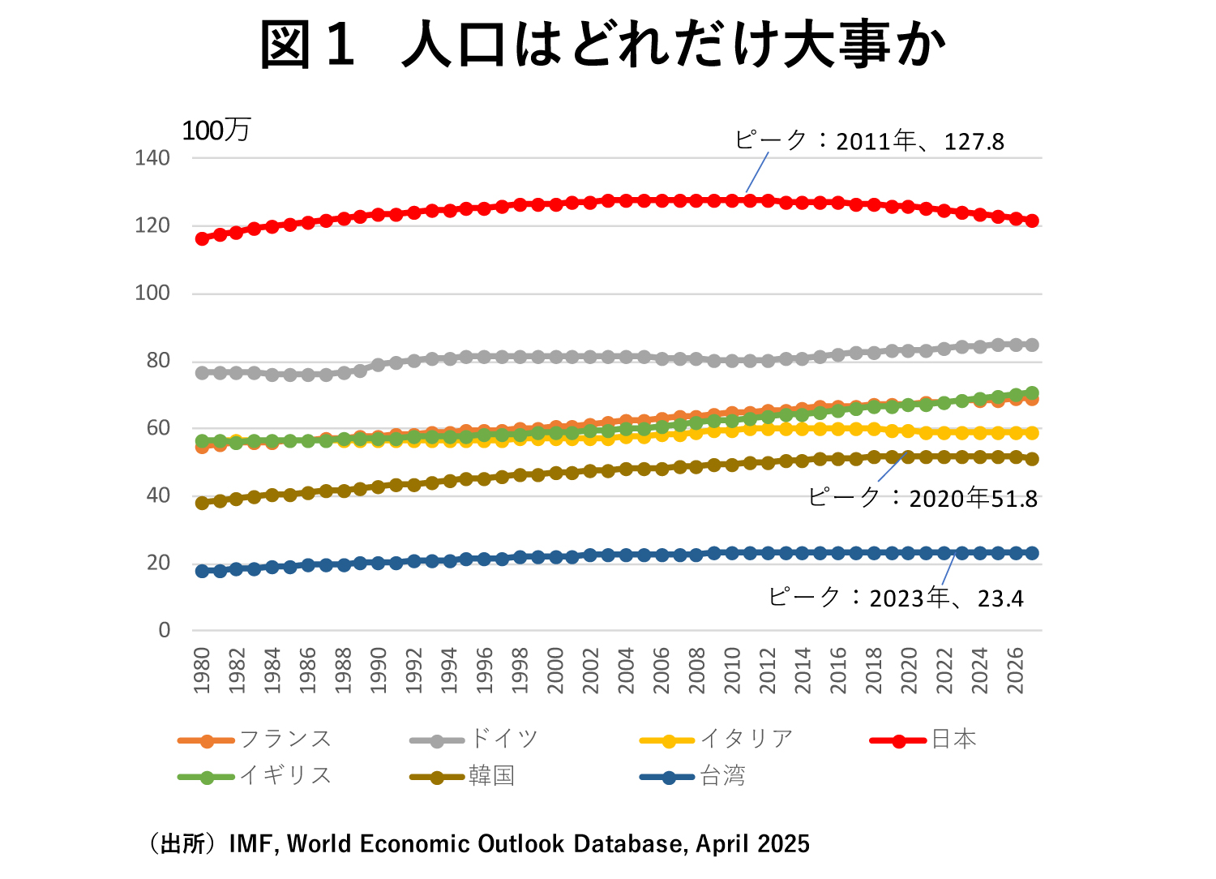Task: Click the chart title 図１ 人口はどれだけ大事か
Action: pyautogui.click(x=603, y=45)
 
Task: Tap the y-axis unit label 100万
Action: pyautogui.click(x=216, y=131)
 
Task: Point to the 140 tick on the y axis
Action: pyautogui.click(x=152, y=158)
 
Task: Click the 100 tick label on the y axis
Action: pyautogui.click(x=152, y=293)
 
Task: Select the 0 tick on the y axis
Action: pyautogui.click(x=165, y=630)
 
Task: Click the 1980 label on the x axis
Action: pyautogui.click(x=202, y=671)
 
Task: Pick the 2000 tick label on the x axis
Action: pyautogui.click(x=555, y=671)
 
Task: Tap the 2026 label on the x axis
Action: pyautogui.click(x=1015, y=671)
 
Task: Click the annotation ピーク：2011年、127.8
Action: pyautogui.click(x=869, y=142)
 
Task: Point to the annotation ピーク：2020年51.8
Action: pyautogui.click(x=923, y=498)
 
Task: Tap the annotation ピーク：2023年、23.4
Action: pyautogui.click(x=896, y=598)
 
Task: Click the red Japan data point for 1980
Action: pyautogui.click(x=202, y=238)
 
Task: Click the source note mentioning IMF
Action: pyautogui.click(x=478, y=844)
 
